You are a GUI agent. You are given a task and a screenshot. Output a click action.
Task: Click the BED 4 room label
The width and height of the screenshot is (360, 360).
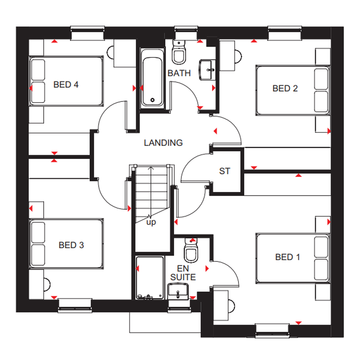66,84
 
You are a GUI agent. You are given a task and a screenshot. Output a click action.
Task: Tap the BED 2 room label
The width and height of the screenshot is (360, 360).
285,88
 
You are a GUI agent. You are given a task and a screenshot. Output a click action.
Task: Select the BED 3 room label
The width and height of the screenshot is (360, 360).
71,245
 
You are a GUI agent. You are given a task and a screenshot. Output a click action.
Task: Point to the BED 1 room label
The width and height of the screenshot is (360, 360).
288,257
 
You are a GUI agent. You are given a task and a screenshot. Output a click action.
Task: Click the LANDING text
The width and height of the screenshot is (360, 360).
163,143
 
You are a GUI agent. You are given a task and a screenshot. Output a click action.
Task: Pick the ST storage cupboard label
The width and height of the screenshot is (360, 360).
225,171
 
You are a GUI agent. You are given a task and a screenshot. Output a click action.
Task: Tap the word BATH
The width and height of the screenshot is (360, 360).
179,73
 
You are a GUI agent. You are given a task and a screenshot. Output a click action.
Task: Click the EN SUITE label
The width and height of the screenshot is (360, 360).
183,273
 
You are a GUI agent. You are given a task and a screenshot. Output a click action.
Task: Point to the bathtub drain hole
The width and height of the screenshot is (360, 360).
153,100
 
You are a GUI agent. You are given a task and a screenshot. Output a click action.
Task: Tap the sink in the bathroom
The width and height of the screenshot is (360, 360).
207,70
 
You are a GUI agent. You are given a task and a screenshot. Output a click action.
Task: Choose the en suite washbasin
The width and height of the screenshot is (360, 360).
178,291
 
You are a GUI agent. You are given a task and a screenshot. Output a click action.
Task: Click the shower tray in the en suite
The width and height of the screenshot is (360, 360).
150,278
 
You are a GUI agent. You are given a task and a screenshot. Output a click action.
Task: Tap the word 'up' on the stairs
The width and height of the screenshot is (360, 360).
151,222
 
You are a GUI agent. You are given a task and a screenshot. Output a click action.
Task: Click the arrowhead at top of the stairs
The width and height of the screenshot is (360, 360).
151,168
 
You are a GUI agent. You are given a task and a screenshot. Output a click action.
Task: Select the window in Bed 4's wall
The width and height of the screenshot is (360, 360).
88,33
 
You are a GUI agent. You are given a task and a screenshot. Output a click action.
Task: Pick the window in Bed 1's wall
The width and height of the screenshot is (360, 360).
272,330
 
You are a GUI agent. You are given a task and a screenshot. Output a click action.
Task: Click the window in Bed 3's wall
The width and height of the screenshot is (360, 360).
75,306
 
